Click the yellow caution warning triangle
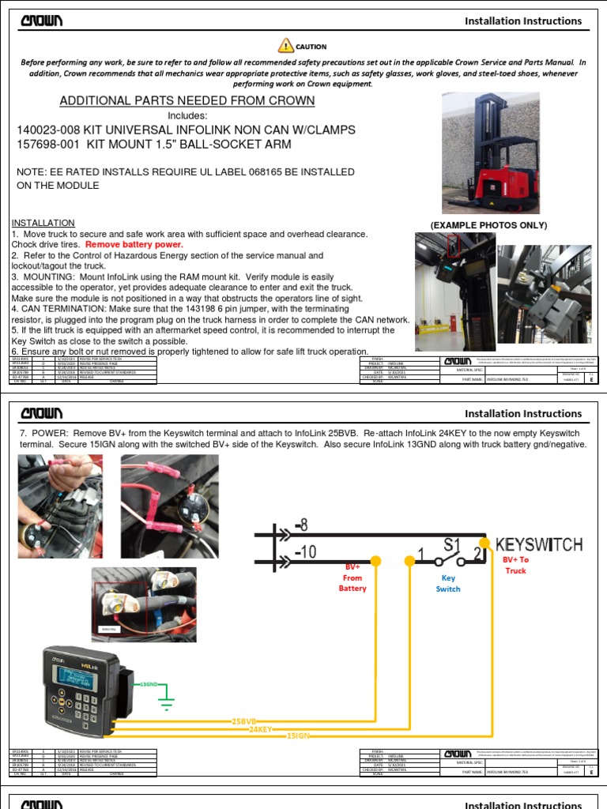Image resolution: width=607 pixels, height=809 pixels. [285, 46]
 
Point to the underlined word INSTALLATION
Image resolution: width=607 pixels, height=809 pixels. [43, 223]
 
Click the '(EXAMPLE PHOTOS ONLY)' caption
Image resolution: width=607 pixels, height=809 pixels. [488, 226]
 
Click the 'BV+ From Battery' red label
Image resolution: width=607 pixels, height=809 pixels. [353, 578]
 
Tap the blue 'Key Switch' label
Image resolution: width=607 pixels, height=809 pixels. [448, 583]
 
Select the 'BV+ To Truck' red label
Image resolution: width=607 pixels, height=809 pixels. [515, 565]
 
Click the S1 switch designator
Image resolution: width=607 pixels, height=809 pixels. [451, 544]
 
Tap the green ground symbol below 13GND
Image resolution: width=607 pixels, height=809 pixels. [165, 698]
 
